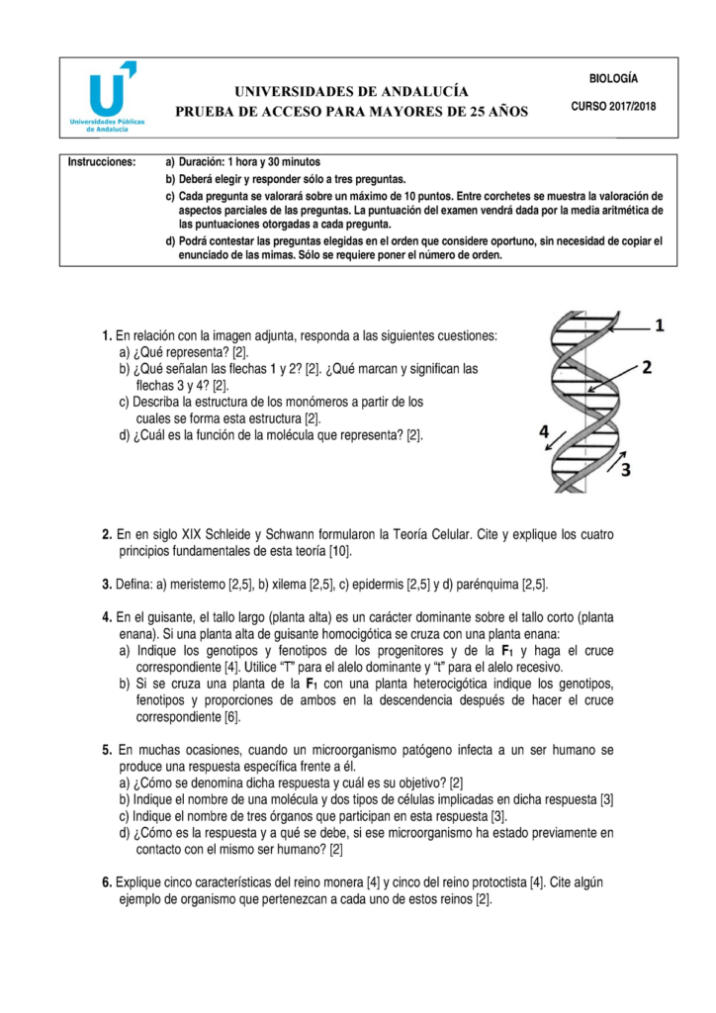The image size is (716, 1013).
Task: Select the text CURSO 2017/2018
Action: pyautogui.click(x=613, y=106)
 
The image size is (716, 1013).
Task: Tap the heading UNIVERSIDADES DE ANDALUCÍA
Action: pyautogui.click(x=351, y=91)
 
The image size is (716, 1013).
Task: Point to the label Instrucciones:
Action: pyautogui.click(x=101, y=161)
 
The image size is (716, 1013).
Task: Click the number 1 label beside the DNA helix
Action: pyautogui.click(x=660, y=324)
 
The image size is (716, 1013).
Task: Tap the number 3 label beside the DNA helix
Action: pyautogui.click(x=625, y=469)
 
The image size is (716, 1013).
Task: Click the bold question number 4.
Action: pyautogui.click(x=106, y=616)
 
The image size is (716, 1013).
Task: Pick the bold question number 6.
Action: pyautogui.click(x=106, y=882)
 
